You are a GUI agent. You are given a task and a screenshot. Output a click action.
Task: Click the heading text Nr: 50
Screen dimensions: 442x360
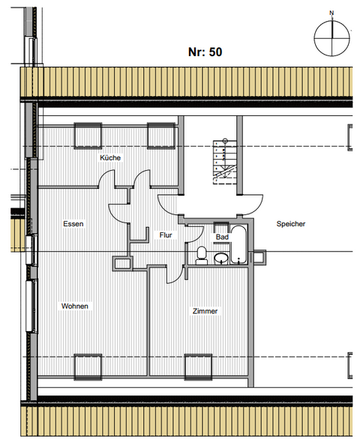coord(204,52)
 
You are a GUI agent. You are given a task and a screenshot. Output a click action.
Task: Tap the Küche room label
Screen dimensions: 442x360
coord(110,158)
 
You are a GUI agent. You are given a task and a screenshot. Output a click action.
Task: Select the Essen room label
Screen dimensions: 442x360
coord(73,223)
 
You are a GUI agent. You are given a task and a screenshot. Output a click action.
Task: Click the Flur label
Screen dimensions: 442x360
coord(166,234)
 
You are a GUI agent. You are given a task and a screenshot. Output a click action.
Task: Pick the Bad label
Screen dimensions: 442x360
coord(222,237)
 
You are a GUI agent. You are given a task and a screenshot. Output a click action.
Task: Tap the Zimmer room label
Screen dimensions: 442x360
coord(205,311)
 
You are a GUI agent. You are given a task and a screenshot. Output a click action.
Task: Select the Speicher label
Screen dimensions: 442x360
coord(290,223)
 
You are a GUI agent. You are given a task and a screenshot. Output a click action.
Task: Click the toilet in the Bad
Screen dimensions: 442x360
coord(201,255)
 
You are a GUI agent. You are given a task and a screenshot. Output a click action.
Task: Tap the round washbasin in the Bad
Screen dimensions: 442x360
coord(222,259)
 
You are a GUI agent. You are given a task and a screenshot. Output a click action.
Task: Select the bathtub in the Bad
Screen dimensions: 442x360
coord(239,244)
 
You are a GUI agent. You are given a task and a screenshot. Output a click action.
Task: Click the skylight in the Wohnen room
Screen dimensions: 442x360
coord(87,366)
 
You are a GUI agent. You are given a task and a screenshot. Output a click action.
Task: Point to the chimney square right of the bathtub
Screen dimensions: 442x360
coord(259,258)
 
